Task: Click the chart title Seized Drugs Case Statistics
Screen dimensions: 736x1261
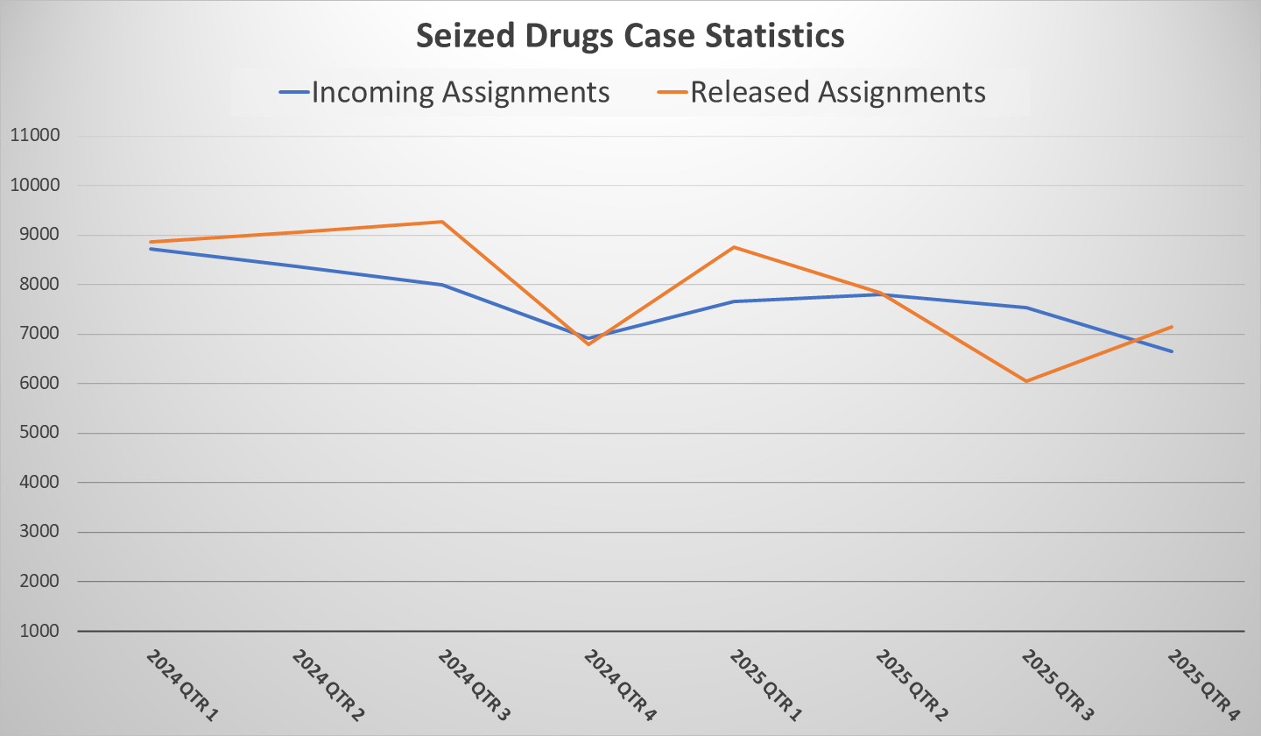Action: [630, 36]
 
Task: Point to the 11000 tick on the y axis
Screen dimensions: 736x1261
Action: [34, 136]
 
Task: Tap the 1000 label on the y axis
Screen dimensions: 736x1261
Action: [34, 631]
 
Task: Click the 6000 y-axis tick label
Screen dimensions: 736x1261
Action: [34, 384]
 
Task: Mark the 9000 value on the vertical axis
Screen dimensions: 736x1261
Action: [34, 235]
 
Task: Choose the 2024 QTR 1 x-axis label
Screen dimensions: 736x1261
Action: [182, 684]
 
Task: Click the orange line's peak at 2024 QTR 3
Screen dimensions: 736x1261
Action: [442, 222]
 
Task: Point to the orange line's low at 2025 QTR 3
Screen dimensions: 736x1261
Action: [1025, 381]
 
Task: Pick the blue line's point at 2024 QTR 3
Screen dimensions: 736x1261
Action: [442, 285]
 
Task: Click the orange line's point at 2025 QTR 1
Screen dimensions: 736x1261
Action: [734, 247]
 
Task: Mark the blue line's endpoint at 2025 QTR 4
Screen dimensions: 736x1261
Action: [1172, 351]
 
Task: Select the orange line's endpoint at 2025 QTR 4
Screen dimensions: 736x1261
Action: [1172, 327]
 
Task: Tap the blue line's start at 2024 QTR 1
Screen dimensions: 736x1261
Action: [151, 249]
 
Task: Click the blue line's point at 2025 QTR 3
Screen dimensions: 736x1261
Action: [1025, 308]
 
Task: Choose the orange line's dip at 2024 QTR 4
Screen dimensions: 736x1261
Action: [588, 344]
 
